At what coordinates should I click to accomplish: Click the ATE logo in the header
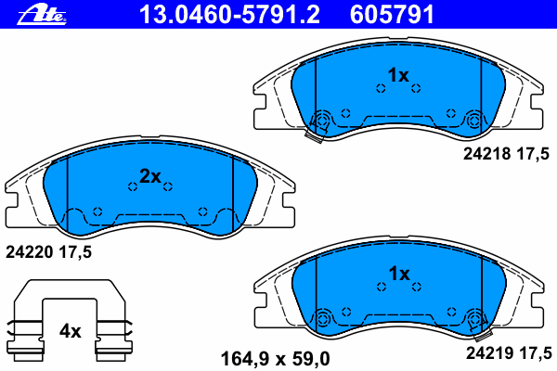tap(42, 15)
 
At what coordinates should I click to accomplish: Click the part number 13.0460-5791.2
tap(229, 15)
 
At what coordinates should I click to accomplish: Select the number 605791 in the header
tap(392, 15)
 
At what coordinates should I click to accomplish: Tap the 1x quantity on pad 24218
tap(398, 75)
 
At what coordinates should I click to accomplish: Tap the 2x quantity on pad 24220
tap(150, 175)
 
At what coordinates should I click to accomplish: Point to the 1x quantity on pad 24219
tap(399, 274)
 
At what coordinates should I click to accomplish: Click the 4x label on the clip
tap(70, 332)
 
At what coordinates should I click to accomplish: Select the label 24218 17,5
tap(506, 154)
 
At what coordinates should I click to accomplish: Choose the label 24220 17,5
tap(48, 252)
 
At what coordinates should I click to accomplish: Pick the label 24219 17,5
tap(509, 353)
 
